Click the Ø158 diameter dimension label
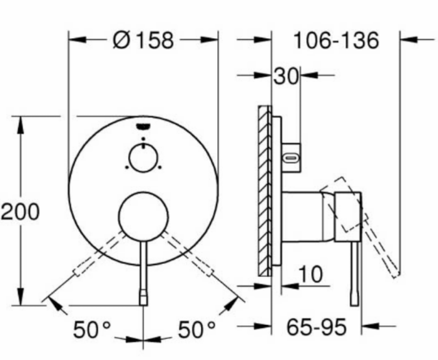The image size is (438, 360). pyautogui.click(x=143, y=41)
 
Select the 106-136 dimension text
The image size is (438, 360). pyautogui.click(x=337, y=41)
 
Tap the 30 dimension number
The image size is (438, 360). pyautogui.click(x=286, y=76)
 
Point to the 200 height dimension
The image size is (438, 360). pyautogui.click(x=20, y=211)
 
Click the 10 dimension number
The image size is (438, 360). pyautogui.click(x=310, y=274)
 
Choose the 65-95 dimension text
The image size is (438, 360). pyautogui.click(x=316, y=327)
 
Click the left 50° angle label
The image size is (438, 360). pyautogui.click(x=92, y=329)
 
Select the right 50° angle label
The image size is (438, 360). pyautogui.click(x=196, y=329)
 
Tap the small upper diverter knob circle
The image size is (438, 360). pyautogui.click(x=143, y=158)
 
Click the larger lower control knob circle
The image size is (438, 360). pyautogui.click(x=143, y=216)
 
